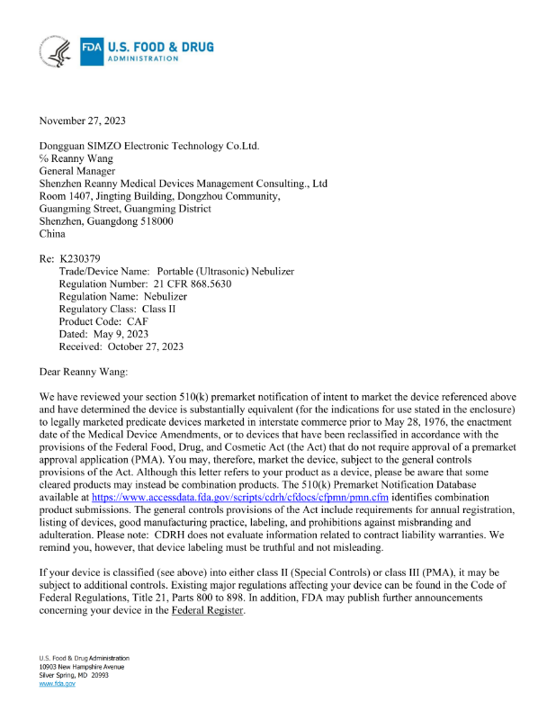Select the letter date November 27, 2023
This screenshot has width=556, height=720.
tap(83, 121)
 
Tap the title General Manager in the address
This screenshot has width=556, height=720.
tap(77, 171)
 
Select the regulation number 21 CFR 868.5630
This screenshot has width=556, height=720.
tap(192, 283)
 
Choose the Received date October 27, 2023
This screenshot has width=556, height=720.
tap(146, 346)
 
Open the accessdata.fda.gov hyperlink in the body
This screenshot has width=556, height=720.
tap(240, 497)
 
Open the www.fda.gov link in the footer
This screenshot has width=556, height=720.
tap(57, 684)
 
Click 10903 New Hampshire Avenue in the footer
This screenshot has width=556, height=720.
tap(80, 667)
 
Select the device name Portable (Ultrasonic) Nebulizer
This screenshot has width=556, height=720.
tap(226, 272)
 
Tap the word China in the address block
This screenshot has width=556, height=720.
tap(53, 234)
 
